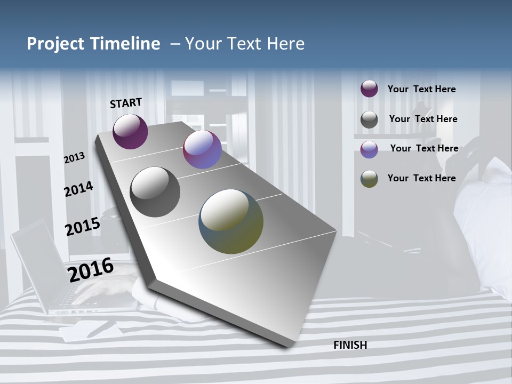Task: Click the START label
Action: click(126, 103)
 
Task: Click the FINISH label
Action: click(350, 345)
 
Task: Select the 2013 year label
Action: click(74, 158)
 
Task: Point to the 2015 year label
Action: click(82, 226)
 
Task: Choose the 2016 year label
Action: click(91, 269)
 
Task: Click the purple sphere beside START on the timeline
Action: click(130, 131)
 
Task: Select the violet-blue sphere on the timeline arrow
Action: click(202, 149)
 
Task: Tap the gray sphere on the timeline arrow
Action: click(155, 192)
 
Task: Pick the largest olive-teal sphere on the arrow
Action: click(231, 221)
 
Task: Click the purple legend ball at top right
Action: click(369, 89)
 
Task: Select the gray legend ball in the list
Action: click(369, 119)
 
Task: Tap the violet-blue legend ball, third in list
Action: click(369, 149)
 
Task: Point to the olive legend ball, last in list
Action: click(369, 179)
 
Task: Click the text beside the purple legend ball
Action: click(421, 90)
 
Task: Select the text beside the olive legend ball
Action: click(421, 178)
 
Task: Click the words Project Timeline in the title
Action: click(93, 44)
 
